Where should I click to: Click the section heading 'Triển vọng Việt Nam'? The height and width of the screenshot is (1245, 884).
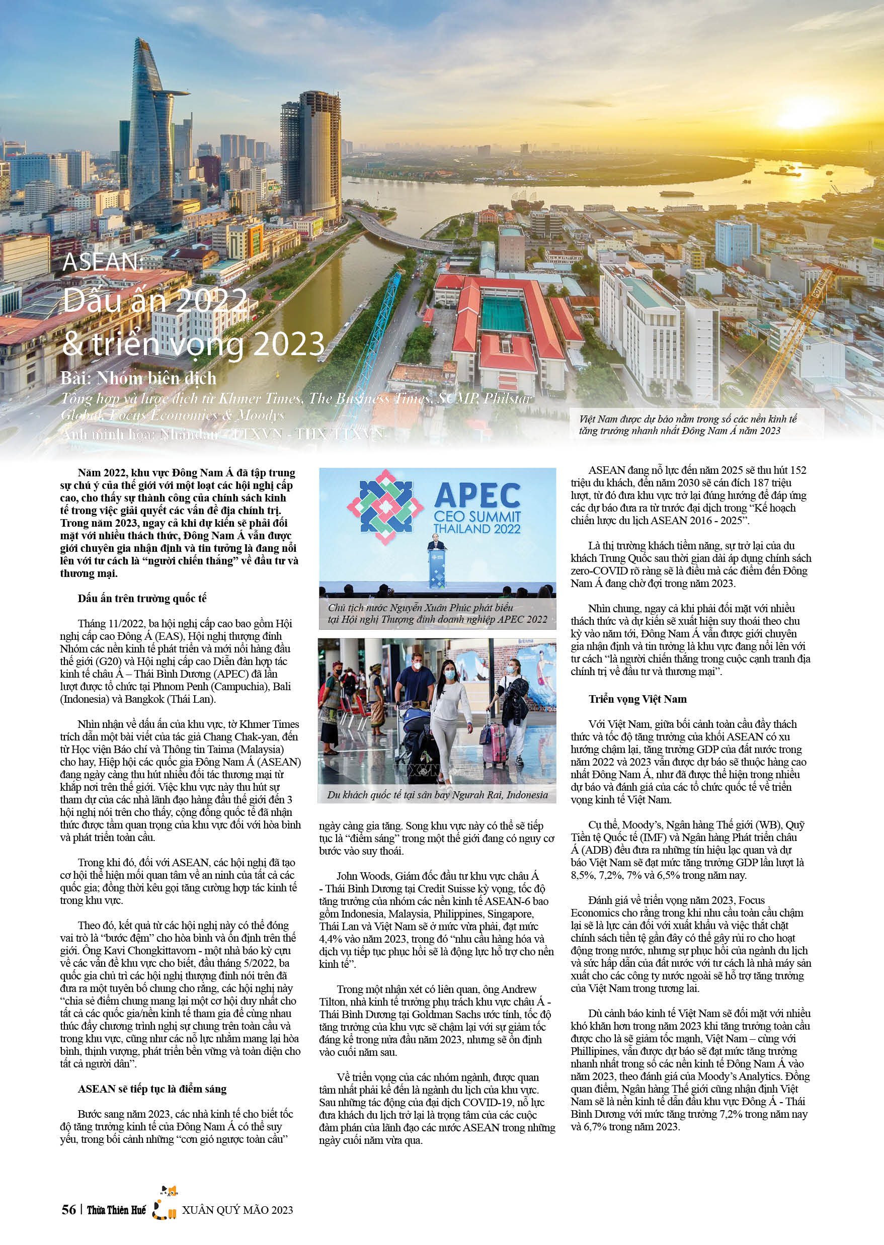(x=637, y=699)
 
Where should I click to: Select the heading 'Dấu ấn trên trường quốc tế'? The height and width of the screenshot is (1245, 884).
(x=142, y=599)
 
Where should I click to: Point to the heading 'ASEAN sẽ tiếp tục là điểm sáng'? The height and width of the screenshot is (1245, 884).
(x=152, y=1089)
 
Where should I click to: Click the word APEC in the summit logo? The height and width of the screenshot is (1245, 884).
(x=477, y=495)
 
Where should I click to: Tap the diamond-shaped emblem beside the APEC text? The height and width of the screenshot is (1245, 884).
(x=385, y=507)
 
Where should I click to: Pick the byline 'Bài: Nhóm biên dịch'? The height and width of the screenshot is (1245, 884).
(x=138, y=378)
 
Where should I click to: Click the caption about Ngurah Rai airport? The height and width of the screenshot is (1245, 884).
(x=437, y=795)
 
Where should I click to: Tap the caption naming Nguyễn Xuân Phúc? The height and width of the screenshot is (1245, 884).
(x=437, y=613)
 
